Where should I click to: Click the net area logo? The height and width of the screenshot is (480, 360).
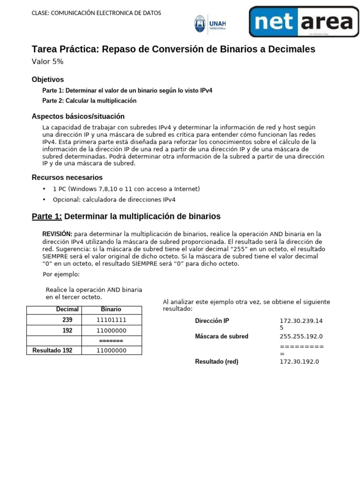(303, 22)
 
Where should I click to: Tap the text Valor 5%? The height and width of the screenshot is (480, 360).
(47, 62)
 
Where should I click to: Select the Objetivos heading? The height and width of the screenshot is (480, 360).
(47, 79)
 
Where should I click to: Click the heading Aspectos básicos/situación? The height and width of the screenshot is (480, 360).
(78, 116)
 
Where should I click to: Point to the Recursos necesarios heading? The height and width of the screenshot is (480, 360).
(67, 177)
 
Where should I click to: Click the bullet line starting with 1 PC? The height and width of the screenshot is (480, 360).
(126, 189)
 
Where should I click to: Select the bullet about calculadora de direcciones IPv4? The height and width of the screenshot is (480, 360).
(114, 200)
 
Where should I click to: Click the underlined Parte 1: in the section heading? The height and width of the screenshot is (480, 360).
(46, 216)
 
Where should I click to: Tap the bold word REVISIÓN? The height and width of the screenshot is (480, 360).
(57, 234)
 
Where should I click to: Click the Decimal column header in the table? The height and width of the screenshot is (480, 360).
(67, 309)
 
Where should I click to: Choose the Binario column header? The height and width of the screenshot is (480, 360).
(111, 309)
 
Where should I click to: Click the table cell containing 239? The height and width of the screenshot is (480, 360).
(67, 320)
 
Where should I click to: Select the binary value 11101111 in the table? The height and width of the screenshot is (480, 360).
(111, 320)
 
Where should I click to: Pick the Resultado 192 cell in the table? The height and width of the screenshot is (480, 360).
(52, 350)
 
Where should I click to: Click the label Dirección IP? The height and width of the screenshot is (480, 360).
(212, 321)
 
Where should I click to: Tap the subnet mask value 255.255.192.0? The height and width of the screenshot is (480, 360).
(301, 337)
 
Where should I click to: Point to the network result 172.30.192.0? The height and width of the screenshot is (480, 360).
(299, 362)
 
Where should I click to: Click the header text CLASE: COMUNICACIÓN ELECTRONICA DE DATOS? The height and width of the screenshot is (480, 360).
(96, 13)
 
